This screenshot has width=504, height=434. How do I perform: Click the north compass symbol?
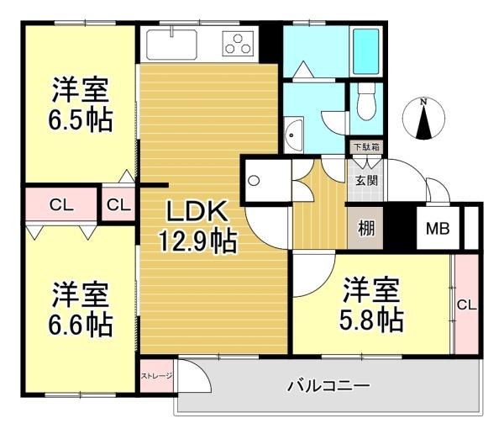(x=424, y=119)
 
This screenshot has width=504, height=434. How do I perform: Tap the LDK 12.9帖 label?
(x=199, y=225)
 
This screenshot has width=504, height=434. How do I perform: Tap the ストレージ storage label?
(x=156, y=376)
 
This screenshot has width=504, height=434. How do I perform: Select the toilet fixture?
(x=365, y=103)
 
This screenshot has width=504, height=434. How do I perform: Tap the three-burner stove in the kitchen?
(x=239, y=41)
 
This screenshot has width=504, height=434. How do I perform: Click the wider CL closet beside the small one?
(x=60, y=204)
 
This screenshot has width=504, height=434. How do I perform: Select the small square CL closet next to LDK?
(x=119, y=204)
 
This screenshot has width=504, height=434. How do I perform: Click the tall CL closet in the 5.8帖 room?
(x=465, y=304)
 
